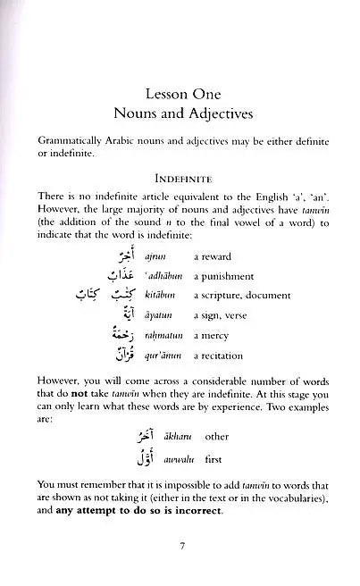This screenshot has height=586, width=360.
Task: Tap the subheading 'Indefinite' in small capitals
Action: [x=180, y=178]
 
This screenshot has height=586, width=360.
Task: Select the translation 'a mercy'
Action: [x=210, y=336]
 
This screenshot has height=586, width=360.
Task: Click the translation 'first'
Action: [x=214, y=456]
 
